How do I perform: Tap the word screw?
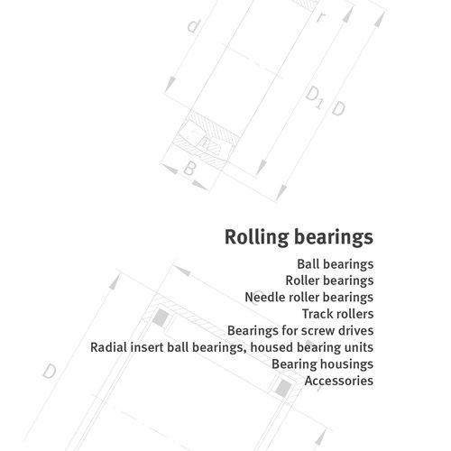pyautogui.click(x=318, y=331)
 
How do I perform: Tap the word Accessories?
pyautogui.click(x=339, y=381)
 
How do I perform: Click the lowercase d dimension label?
pyautogui.click(x=193, y=26)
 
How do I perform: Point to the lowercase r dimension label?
pyautogui.click(x=321, y=17)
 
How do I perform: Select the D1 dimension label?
pyautogui.click(x=314, y=97)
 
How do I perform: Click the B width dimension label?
pyautogui.click(x=189, y=169)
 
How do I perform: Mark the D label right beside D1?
pyautogui.click(x=338, y=108)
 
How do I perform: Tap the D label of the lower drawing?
pyautogui.click(x=50, y=372)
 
